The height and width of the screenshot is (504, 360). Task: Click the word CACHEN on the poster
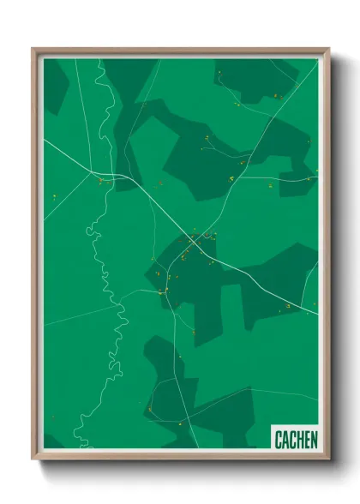tap(296, 440)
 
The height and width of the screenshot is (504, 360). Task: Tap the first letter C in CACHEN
tap(279, 440)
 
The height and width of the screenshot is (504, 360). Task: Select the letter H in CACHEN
tap(300, 440)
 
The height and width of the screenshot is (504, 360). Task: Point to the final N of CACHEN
tap(314, 440)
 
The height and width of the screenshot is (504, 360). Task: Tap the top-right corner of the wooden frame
tap(327, 49)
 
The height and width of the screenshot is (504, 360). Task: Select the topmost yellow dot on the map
tap(219, 73)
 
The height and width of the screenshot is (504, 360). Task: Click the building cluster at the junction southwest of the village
tap(163, 292)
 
